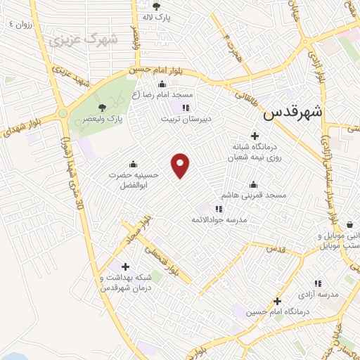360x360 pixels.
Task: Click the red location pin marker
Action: coord(181,165)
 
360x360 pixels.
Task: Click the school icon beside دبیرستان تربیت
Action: coord(186,108)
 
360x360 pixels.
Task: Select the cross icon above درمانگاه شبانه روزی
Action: coord(255,135)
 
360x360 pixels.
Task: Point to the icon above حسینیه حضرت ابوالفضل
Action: coord(133,165)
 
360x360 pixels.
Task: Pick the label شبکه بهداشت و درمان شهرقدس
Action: coord(120,283)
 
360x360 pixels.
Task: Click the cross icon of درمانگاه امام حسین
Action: coord(278,300)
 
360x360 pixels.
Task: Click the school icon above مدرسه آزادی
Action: coord(318,283)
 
